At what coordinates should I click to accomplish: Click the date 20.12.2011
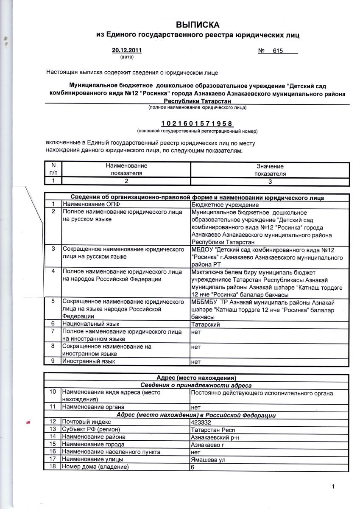127,50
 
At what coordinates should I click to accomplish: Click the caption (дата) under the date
127,56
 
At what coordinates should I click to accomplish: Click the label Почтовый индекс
86,422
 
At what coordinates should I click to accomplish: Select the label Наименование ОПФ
88,204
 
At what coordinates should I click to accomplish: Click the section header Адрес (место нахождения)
196,378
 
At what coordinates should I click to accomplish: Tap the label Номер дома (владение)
95,467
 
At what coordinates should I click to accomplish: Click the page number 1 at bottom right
333,487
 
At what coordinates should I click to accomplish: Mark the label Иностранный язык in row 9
88,361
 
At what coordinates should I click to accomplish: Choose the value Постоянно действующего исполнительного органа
262,393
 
